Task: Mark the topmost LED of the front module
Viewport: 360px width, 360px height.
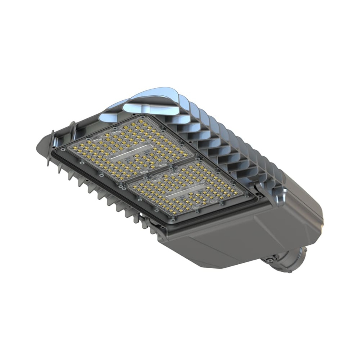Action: (141, 121)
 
